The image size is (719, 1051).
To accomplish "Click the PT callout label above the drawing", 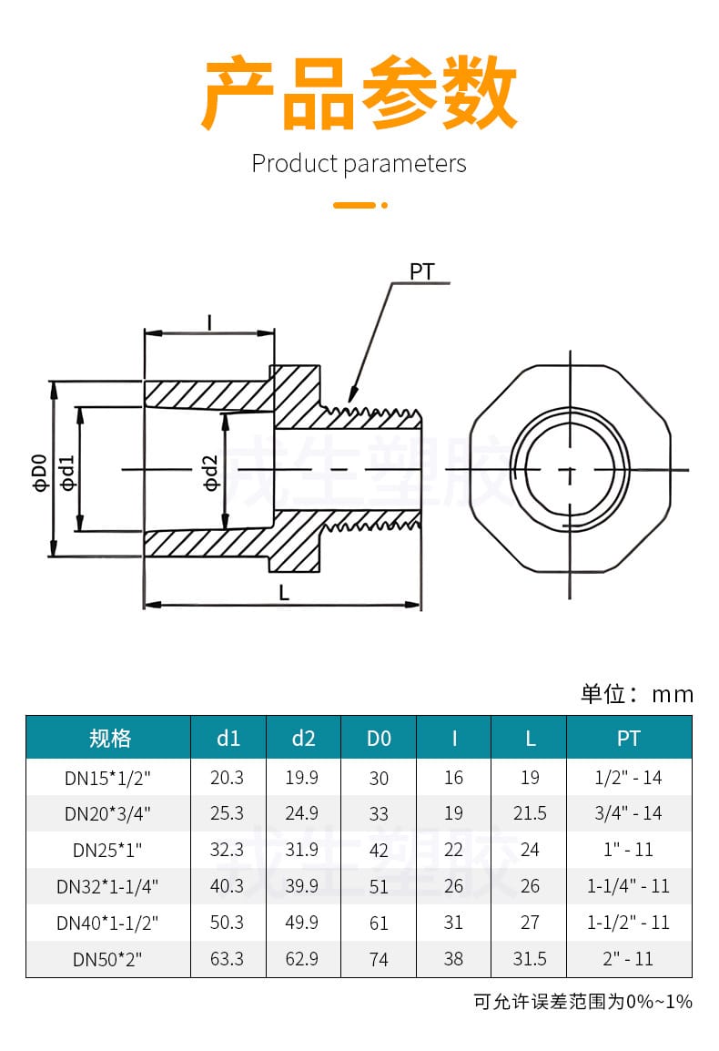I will click(x=421, y=271).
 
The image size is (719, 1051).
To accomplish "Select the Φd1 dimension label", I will click(x=67, y=472).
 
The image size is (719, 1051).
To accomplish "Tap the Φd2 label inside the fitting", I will click(x=211, y=472).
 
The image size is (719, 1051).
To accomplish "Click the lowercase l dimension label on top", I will click(x=209, y=321).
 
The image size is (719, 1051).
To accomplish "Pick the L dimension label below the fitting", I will click(x=284, y=593).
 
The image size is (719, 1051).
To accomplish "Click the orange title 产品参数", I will click(x=359, y=94).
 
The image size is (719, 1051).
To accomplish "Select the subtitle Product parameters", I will click(x=359, y=164).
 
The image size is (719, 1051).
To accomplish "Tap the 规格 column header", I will click(x=110, y=738).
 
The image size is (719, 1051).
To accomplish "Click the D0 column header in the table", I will click(x=379, y=738).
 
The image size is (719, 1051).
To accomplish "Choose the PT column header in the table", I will click(x=629, y=738).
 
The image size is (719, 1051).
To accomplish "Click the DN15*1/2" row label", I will click(x=107, y=778).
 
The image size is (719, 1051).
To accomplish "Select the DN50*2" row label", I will click(x=107, y=959).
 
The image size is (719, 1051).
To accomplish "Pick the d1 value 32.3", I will click(x=228, y=850).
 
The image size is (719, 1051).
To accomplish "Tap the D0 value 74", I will click(x=379, y=959).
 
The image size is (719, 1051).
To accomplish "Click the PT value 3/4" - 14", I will click(x=629, y=813).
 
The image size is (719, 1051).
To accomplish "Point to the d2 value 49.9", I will click(x=303, y=923).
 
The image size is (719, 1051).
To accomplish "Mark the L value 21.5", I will click(x=530, y=813).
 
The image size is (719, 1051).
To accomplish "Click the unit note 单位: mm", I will click(x=637, y=694).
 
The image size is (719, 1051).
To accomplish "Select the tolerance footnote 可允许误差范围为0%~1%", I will click(x=583, y=1002).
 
